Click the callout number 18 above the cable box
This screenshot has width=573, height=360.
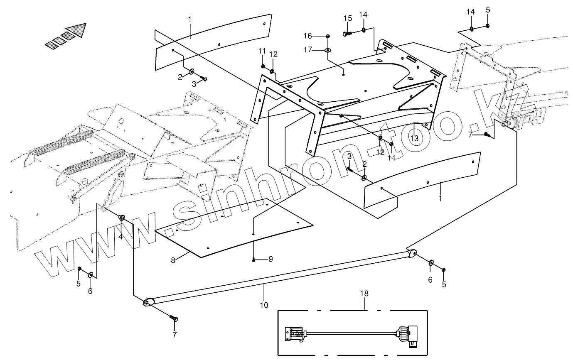364,294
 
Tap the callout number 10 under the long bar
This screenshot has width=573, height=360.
264,305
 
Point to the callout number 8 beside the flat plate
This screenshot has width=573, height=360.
173,260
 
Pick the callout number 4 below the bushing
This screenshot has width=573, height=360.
121,237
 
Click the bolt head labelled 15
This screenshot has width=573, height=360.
347,34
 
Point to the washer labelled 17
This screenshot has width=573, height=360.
328,51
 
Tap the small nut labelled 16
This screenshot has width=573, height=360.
328,36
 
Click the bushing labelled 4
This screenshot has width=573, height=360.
122,218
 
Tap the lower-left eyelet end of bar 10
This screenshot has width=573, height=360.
148,303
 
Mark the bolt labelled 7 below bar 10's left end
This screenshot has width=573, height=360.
175,318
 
